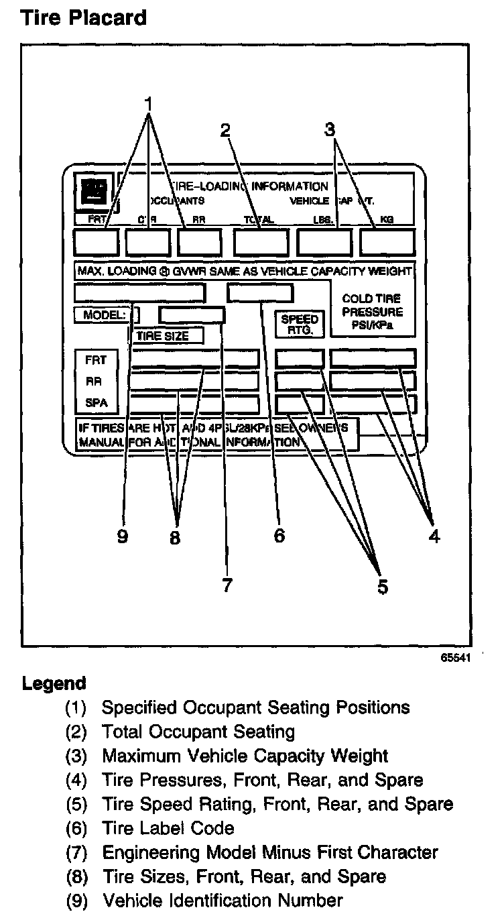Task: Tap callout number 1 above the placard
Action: point(149,105)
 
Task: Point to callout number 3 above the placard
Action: point(329,129)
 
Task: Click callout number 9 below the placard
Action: point(122,537)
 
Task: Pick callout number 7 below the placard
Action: point(227,585)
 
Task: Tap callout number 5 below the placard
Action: point(382,586)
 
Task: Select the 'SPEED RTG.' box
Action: point(300,324)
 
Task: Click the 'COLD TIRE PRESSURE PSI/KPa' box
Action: point(372,312)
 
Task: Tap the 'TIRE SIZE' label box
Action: point(166,336)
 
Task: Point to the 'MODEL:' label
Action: point(103,314)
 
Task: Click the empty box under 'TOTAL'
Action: point(261,242)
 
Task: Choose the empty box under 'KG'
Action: point(387,242)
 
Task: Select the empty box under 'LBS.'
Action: point(324,242)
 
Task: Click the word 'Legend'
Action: point(54,684)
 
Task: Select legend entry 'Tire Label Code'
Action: point(168,828)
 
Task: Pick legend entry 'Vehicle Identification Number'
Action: point(222,900)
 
